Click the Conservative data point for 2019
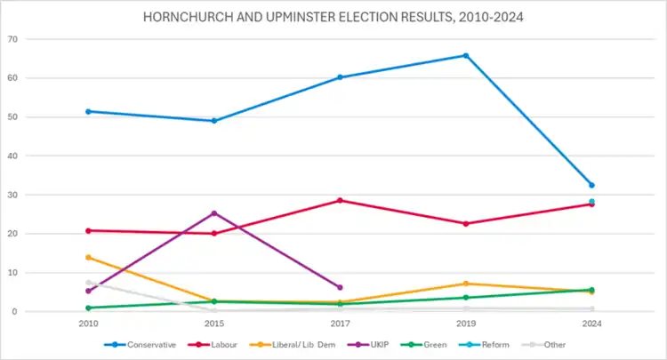465,56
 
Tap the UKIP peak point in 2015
214,213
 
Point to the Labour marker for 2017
340,201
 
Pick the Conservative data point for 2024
591,185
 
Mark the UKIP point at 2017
340,287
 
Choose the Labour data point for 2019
465,224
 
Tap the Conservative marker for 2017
340,77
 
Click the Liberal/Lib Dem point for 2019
465,284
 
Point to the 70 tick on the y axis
38,39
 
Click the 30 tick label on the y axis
38,195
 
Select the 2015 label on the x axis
214,324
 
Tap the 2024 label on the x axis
591,324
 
